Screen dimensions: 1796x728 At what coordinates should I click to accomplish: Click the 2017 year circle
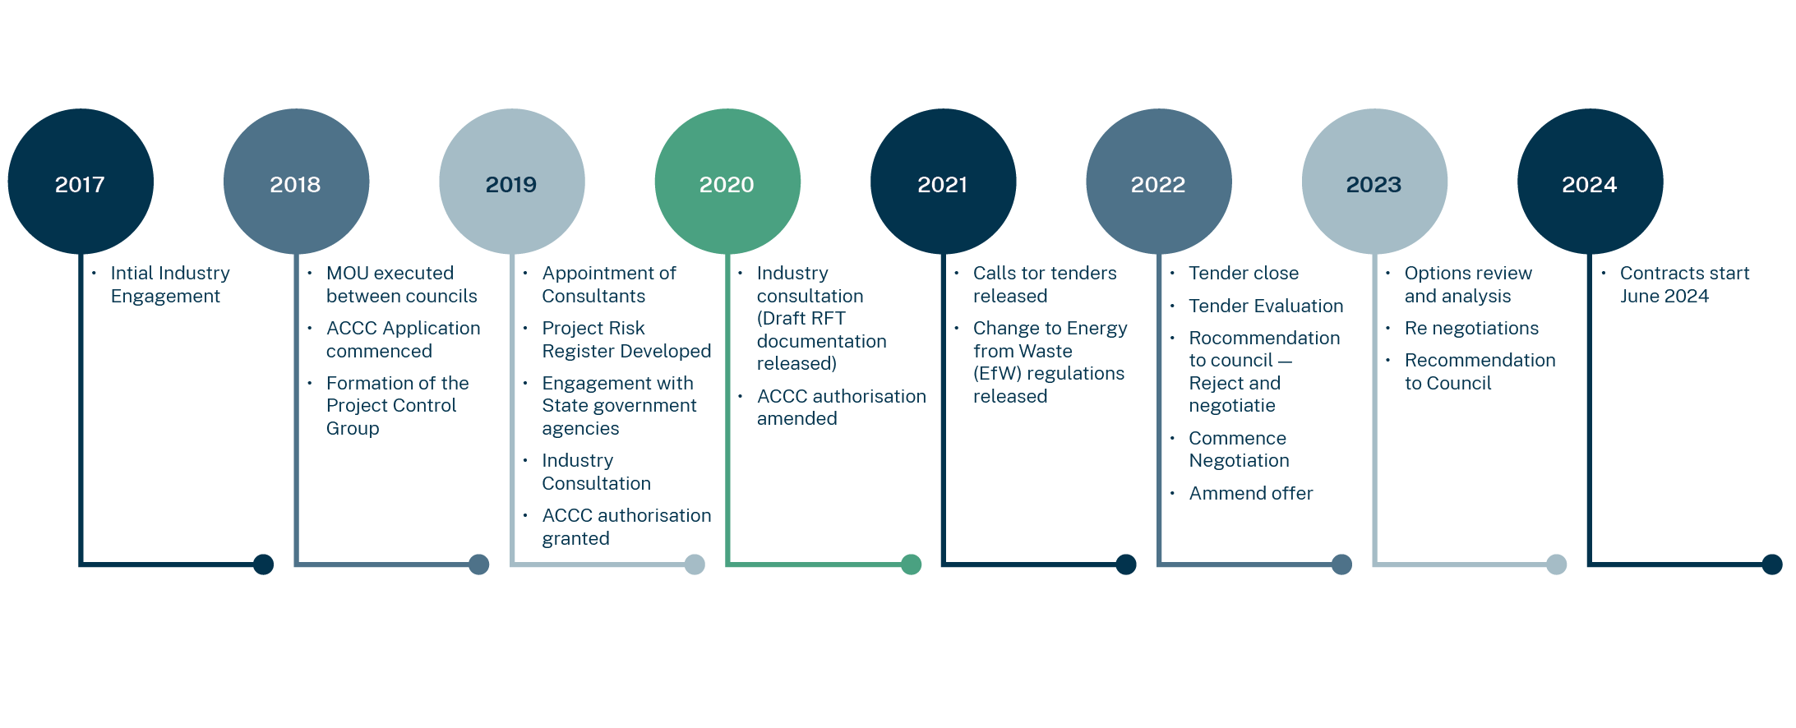pyautogui.click(x=81, y=182)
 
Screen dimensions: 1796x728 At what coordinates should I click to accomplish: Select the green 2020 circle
pyautogui.click(x=727, y=182)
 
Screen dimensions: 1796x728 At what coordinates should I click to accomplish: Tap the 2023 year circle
pyautogui.click(x=1374, y=182)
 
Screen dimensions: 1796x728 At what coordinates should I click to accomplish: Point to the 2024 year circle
pyautogui.click(x=1591, y=182)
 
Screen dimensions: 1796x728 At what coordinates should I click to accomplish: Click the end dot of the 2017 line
pyautogui.click(x=263, y=564)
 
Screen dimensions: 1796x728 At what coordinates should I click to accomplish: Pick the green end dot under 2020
pyautogui.click(x=911, y=564)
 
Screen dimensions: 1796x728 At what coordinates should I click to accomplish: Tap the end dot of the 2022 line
pyautogui.click(x=1341, y=564)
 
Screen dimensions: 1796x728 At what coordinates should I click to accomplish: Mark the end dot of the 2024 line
pyautogui.click(x=1772, y=564)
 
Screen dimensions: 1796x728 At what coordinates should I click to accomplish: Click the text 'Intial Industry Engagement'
pyautogui.click(x=170, y=284)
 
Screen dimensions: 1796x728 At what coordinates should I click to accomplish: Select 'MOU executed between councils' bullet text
pyautogui.click(x=401, y=284)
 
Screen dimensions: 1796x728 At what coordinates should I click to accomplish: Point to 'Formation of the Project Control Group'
pyautogui.click(x=397, y=405)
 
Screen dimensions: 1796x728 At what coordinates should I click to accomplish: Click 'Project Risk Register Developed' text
pyautogui.click(x=626, y=339)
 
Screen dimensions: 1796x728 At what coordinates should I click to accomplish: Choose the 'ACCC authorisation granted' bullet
pyautogui.click(x=626, y=527)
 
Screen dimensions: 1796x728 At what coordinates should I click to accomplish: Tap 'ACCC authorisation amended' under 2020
pyautogui.click(x=841, y=408)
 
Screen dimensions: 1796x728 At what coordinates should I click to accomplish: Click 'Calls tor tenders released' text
pyautogui.click(x=1045, y=284)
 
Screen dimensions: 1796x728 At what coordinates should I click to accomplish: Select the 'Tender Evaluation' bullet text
pyautogui.click(x=1266, y=306)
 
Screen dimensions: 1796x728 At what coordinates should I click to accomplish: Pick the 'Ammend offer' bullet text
pyautogui.click(x=1251, y=493)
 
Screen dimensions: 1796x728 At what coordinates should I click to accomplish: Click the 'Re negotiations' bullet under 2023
pyautogui.click(x=1471, y=328)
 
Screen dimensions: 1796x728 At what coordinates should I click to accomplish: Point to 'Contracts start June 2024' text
pyautogui.click(x=1684, y=284)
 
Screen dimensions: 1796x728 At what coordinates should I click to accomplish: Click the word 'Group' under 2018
pyautogui.click(x=353, y=428)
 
